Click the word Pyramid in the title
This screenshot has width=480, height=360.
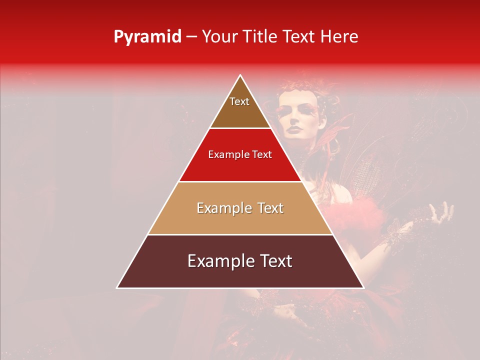(147, 37)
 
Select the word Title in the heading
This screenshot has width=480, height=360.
(263, 37)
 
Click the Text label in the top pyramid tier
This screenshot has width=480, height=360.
(239, 101)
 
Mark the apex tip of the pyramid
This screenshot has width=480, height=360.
(240, 75)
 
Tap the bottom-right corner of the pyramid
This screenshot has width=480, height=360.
(363, 287)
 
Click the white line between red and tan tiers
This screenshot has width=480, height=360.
(240, 181)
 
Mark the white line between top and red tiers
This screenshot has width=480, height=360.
(240, 128)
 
